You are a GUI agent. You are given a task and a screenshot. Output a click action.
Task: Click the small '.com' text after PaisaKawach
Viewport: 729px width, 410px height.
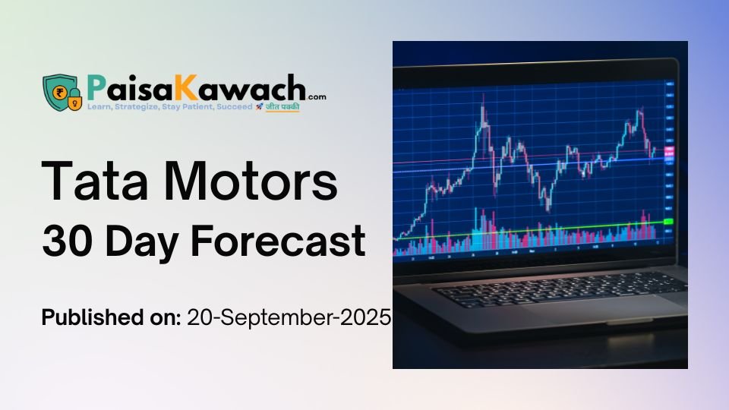click(x=317, y=96)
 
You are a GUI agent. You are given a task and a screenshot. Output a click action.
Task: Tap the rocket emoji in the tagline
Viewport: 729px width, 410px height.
click(x=259, y=108)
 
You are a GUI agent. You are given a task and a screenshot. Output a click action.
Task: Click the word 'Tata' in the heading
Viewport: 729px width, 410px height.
click(x=90, y=181)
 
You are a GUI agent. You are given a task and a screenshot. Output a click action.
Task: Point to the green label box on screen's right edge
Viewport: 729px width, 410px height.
click(x=668, y=221)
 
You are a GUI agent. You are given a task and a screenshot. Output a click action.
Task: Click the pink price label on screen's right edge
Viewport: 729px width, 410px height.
click(x=669, y=154)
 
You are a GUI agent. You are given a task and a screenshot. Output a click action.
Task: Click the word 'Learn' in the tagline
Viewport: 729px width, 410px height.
click(x=100, y=108)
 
